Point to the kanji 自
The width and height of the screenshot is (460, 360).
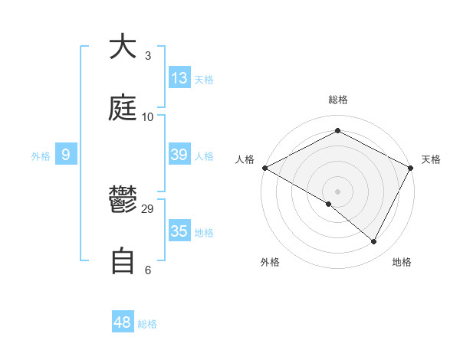tap(123, 260)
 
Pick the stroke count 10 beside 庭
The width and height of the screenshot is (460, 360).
tap(148, 116)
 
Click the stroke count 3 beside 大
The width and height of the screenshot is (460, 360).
tap(148, 55)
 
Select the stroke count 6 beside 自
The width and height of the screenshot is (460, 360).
tap(148, 270)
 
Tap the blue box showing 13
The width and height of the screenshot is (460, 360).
tap(179, 77)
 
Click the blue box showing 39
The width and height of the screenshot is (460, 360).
tap(179, 155)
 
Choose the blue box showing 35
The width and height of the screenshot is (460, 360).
tap(179, 231)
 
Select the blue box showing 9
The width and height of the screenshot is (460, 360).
tap(66, 155)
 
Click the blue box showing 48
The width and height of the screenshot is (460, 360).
tap(123, 322)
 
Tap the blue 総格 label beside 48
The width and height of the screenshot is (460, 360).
tap(147, 324)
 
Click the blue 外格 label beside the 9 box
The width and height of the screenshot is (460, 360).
tap(41, 156)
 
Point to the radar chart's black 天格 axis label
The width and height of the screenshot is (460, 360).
tap(431, 159)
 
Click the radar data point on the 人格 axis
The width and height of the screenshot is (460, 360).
tap(264, 167)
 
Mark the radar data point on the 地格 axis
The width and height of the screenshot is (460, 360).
tap(374, 241)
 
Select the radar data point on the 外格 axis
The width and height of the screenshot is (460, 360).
tap(329, 204)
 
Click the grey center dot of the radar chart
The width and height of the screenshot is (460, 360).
tap(337, 191)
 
